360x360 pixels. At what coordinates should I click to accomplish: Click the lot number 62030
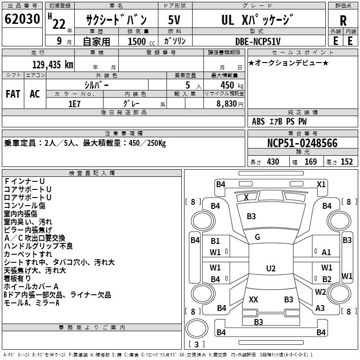coord(22,18)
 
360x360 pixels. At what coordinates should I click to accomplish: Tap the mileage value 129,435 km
coord(53,65)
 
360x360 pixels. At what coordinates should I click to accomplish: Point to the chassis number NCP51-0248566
coord(302,143)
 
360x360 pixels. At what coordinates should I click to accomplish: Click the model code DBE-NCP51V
coord(258,41)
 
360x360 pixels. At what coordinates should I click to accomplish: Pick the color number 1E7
coord(74,104)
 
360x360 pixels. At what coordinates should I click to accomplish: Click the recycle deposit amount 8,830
coord(227,104)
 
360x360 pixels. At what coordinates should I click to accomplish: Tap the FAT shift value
coord(13,94)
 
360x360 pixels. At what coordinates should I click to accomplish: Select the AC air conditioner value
coord(35,94)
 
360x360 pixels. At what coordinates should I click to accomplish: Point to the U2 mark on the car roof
coord(271,268)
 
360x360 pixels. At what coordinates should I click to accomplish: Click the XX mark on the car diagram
coord(253,299)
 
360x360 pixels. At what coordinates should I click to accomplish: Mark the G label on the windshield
coord(257,237)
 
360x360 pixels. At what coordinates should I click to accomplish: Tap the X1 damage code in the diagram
coord(321,184)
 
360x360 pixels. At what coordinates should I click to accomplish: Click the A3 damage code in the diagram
coord(320,308)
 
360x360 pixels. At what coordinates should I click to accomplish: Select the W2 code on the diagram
coord(320,292)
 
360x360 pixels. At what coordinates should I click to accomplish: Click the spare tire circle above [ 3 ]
coord(197,328)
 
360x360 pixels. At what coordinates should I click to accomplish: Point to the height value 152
coord(346,162)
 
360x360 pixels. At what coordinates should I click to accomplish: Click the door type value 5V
coord(174,20)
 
